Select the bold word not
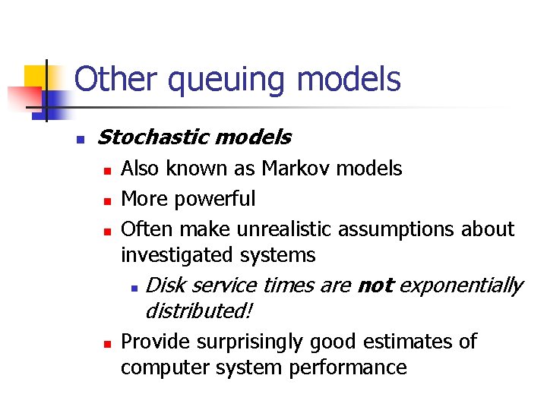[375, 286]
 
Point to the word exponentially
[461, 286]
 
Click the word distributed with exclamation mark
[198, 311]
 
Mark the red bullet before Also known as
[107, 170]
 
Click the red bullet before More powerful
[107, 200]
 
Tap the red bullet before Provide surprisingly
[107, 343]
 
